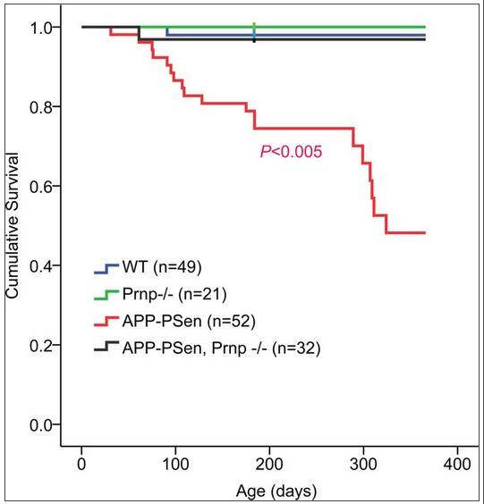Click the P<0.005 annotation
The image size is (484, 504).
291,151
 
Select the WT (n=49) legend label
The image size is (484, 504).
162,267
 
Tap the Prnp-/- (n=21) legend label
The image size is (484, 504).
174,294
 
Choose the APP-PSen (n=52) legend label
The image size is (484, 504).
189,321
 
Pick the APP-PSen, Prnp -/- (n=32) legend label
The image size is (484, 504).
221,349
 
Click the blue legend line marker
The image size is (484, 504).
106,269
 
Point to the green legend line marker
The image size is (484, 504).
106,295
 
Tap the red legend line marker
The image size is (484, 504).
106,321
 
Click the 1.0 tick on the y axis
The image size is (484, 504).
40,28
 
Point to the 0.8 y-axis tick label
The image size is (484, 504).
40,107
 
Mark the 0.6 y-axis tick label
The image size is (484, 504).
40,187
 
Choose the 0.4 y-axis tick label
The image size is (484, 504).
40,265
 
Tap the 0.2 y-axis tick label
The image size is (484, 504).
40,346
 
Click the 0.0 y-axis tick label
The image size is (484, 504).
40,425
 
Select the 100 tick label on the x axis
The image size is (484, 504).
175,464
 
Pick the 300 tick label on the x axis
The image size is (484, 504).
363,464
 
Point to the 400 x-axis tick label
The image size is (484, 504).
457,464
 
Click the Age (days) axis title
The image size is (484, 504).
276,491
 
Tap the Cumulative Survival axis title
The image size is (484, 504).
13,225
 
